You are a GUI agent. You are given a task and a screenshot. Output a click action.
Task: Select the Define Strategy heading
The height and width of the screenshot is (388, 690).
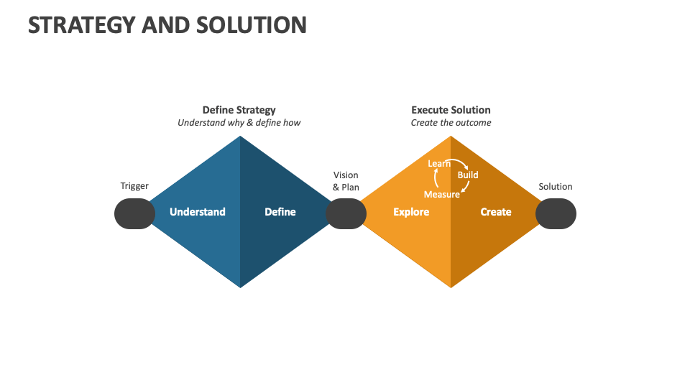click(x=239, y=110)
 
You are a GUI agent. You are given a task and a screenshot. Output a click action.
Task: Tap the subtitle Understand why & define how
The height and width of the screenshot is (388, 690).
click(x=239, y=123)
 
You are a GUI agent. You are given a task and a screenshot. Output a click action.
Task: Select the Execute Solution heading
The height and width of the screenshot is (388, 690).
click(x=451, y=110)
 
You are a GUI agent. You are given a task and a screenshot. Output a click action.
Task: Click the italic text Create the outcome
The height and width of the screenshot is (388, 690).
click(x=451, y=123)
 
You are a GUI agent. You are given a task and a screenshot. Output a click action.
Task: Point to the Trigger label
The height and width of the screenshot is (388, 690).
click(x=134, y=186)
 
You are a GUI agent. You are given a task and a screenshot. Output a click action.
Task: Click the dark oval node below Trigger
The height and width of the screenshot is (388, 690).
click(x=134, y=214)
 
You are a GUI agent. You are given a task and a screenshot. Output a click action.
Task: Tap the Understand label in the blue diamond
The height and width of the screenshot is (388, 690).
click(x=197, y=212)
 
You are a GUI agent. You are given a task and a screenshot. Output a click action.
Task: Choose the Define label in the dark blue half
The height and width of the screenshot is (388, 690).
click(x=280, y=212)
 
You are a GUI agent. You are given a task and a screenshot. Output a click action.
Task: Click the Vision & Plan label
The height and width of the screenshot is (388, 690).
click(x=346, y=181)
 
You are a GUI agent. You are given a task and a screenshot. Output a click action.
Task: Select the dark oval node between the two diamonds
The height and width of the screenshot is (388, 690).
click(x=346, y=214)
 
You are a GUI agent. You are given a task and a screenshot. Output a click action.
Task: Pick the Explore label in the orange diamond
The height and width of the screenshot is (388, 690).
click(x=411, y=212)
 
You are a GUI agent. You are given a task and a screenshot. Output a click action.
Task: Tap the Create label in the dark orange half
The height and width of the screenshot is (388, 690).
click(x=496, y=212)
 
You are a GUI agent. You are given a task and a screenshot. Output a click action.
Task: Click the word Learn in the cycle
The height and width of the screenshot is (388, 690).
click(x=438, y=164)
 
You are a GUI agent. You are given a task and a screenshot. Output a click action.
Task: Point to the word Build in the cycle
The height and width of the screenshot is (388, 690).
click(x=468, y=175)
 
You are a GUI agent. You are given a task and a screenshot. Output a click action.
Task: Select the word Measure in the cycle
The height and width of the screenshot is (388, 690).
click(x=441, y=195)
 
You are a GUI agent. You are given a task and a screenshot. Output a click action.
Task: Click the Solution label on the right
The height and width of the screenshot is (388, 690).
click(x=556, y=187)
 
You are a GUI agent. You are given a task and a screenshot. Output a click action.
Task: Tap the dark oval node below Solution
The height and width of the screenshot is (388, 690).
click(x=556, y=214)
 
